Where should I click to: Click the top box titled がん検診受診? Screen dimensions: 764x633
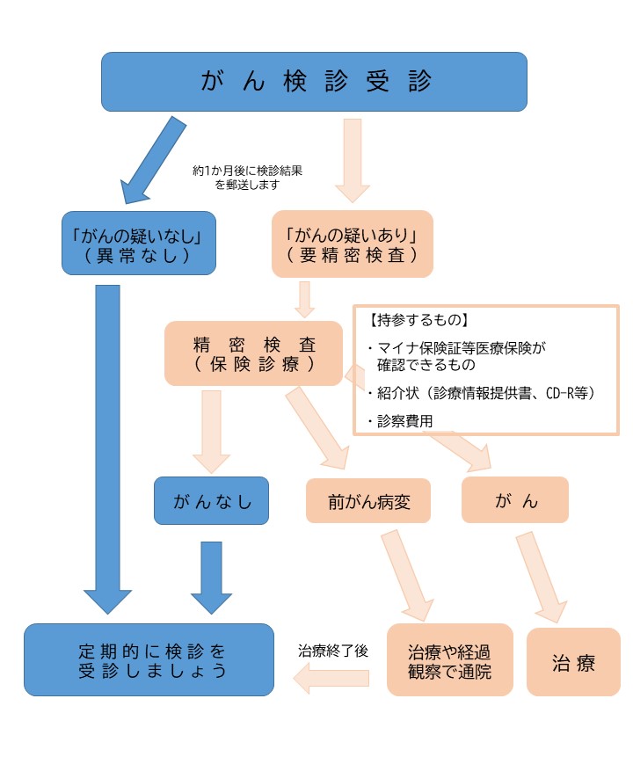314,82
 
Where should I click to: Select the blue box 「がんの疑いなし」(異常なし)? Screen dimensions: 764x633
139,243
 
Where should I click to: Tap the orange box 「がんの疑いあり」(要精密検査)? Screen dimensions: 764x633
352,243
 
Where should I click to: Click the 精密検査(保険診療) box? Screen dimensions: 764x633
253,353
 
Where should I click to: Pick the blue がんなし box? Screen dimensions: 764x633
211,501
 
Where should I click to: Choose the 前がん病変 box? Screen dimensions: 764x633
368,501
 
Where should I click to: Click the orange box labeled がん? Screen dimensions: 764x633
515,501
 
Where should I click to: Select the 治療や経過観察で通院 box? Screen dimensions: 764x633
449,660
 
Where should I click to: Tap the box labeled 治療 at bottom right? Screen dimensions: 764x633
573,662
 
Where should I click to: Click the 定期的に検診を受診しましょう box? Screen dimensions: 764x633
149,660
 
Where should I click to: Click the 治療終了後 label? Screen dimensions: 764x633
333,651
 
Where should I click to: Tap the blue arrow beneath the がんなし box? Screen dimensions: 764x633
212,576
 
